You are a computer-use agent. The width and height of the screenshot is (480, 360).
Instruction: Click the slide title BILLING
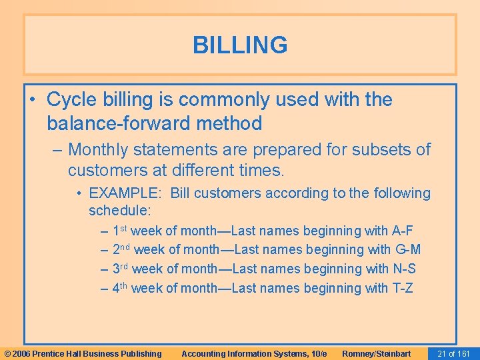point(240,45)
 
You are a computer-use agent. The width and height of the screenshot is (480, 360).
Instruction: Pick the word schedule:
point(120,211)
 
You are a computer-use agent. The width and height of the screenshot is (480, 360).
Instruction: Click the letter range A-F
point(403,231)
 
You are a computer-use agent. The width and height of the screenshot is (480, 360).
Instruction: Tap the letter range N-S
point(404,269)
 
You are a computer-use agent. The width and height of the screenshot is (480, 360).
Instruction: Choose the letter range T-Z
point(402,289)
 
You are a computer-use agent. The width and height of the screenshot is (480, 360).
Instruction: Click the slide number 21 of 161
point(453,353)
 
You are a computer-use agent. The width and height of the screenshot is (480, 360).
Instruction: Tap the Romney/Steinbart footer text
point(376,353)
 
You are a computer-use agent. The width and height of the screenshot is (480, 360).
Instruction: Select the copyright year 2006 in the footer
point(21,353)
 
